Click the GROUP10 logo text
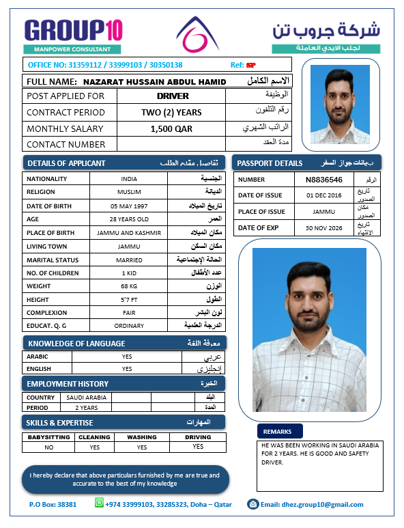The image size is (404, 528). click(73, 31)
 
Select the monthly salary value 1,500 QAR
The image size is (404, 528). click(171, 128)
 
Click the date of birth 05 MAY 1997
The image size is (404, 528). click(129, 206)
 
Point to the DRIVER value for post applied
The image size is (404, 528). click(173, 96)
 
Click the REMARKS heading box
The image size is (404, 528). click(278, 432)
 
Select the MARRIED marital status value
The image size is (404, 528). click(129, 260)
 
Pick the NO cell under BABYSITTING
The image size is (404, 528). click(49, 447)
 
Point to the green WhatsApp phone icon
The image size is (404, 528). click(100, 504)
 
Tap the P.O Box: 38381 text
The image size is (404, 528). click(53, 505)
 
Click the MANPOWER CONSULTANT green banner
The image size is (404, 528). click(73, 49)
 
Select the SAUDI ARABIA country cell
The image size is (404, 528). click(86, 397)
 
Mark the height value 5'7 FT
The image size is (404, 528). click(129, 298)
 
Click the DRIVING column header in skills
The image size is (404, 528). click(198, 436)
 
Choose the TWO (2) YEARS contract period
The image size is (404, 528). click(171, 113)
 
